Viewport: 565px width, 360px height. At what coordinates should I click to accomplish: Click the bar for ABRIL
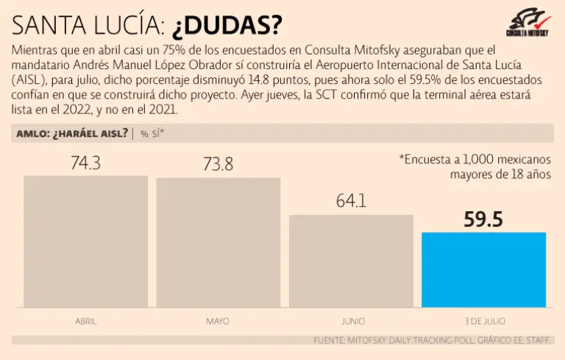click(85, 241)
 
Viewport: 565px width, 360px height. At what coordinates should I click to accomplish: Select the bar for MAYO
click(218, 243)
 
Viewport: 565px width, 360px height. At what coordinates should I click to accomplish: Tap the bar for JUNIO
click(351, 261)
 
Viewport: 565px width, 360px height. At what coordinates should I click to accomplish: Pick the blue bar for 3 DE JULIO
click(483, 269)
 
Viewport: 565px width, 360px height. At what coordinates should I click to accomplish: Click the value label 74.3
click(85, 163)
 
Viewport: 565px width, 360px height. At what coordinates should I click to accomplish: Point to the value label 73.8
click(218, 165)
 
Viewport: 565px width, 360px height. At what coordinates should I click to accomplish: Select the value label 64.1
click(351, 201)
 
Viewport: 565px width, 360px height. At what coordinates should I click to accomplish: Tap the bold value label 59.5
click(483, 219)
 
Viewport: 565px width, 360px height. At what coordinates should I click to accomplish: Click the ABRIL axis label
click(85, 322)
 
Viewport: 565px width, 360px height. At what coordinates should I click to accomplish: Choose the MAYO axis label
click(218, 322)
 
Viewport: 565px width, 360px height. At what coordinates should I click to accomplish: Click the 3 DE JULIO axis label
click(483, 322)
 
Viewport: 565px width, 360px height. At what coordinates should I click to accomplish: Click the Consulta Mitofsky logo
click(527, 24)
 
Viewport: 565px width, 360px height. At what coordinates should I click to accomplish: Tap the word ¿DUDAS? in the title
click(227, 26)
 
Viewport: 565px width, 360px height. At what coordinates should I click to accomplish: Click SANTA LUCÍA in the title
click(88, 26)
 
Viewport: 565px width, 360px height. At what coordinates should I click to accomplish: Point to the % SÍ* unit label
click(152, 133)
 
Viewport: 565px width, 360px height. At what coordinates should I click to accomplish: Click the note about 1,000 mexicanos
click(475, 166)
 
